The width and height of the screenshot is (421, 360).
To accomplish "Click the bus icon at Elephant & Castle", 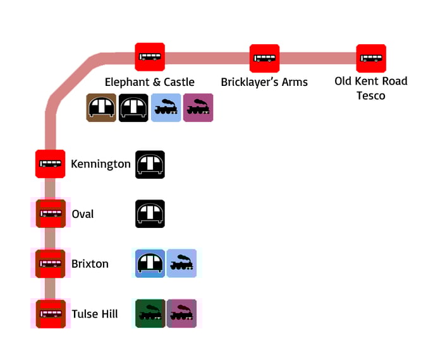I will [150, 57].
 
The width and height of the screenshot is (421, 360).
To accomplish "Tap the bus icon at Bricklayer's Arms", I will [264, 58].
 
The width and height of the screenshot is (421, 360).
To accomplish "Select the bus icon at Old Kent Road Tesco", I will [371, 58].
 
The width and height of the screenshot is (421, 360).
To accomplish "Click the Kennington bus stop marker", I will [50, 164].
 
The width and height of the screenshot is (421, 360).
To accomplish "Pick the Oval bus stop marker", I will [50, 213].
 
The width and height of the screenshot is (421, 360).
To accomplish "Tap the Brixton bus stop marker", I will [50, 263].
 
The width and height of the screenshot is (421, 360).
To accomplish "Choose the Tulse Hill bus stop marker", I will [50, 313].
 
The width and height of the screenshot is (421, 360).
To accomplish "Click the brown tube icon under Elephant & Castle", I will [101, 108].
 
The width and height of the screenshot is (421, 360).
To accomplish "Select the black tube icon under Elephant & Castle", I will [133, 108].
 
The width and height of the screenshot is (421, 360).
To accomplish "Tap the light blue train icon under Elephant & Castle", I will [166, 108].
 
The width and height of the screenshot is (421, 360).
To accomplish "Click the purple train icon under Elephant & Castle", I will [198, 108].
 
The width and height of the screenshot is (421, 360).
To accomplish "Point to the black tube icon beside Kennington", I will [150, 164].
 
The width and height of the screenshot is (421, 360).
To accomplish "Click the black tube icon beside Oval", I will [150, 213].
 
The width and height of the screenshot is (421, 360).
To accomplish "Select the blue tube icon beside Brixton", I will [150, 263].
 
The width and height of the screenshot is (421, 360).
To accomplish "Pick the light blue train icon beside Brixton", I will [181, 263].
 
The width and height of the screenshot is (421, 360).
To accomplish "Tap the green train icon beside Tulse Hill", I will [150, 313].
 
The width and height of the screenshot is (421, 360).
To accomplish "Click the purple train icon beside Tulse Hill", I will [181, 313].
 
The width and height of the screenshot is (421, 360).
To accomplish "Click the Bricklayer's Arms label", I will [264, 82].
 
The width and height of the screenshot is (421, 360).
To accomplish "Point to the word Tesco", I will [371, 95].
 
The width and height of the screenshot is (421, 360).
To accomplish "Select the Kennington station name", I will [101, 164].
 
